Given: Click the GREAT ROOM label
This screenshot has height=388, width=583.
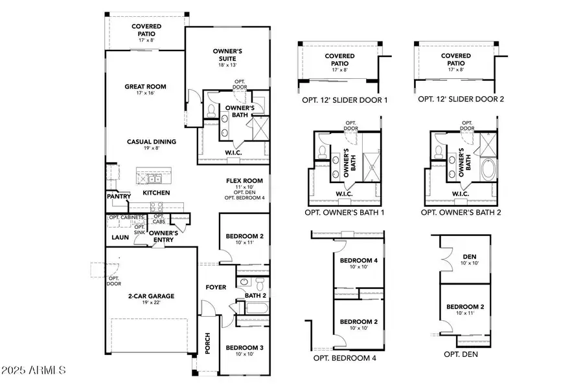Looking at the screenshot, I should click(146, 87).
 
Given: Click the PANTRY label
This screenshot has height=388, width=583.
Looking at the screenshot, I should click(120, 197).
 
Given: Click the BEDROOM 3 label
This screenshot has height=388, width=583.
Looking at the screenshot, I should click(244, 348).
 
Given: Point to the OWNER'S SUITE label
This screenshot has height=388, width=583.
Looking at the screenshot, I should click(227, 55).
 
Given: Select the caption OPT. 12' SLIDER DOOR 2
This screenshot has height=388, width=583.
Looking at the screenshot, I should click(461, 100).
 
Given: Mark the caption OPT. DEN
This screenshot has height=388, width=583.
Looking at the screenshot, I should click(461, 354).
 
